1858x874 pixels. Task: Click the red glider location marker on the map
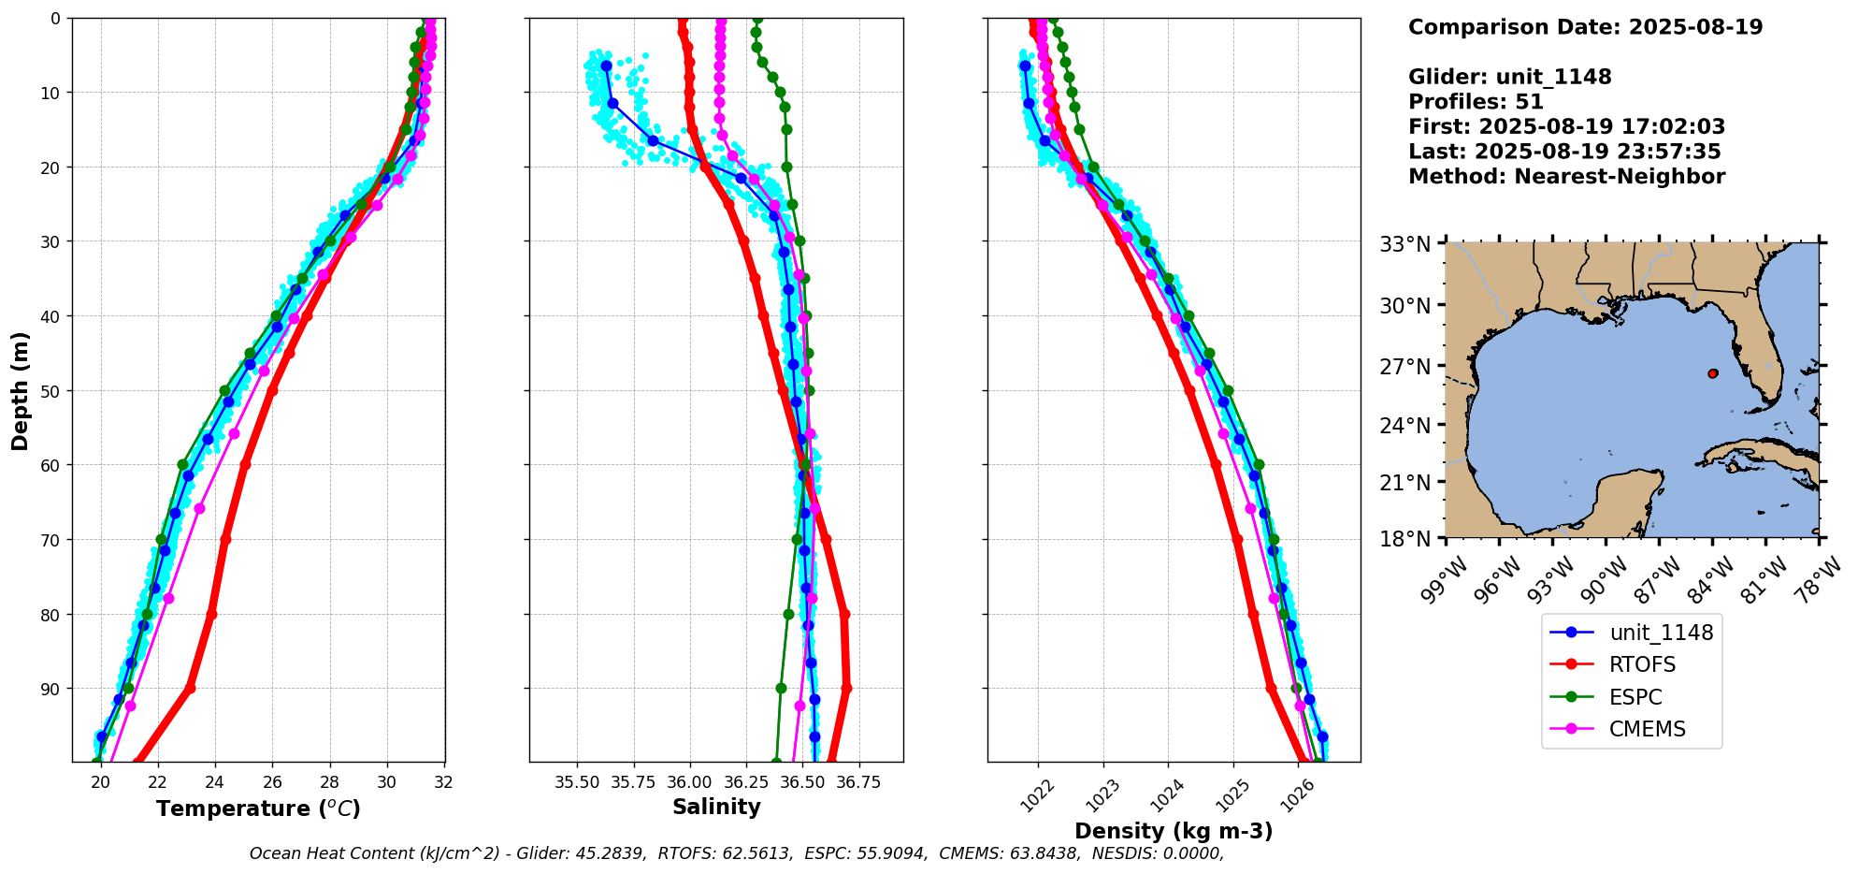1712,373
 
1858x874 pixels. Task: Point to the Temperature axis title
258,808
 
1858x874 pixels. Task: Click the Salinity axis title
716,807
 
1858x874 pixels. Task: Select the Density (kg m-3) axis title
1174,831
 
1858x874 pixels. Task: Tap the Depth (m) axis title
20,390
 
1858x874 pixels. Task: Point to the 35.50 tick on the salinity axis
577,782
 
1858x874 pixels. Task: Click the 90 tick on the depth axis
49,690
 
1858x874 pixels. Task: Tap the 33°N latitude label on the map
1405,244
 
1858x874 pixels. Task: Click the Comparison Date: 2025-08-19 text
1585,27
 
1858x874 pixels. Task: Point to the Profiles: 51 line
1476,102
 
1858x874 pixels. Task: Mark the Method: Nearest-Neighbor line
1566,177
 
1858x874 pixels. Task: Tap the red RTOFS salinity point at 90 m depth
845,689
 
